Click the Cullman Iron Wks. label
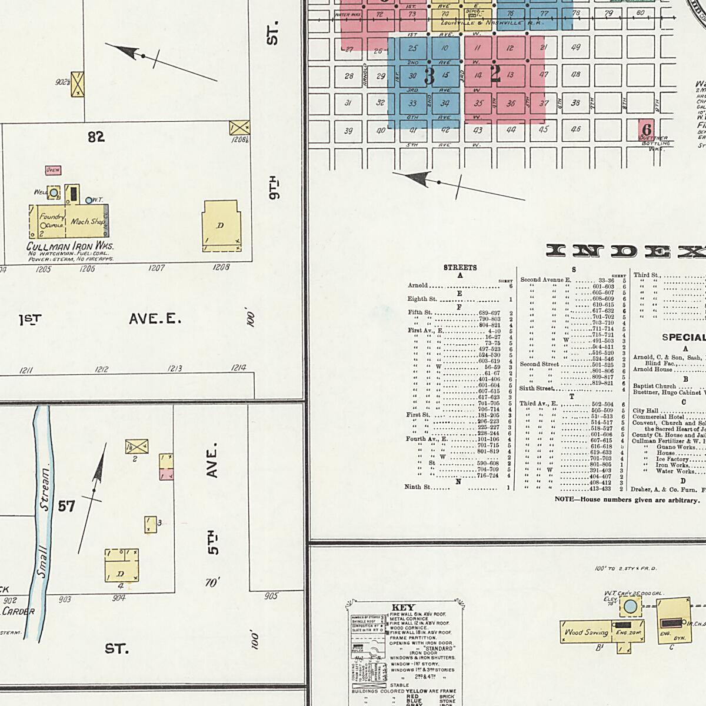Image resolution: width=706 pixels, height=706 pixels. point(69,247)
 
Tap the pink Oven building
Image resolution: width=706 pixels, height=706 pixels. point(53,170)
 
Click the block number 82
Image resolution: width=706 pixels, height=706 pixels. point(96,137)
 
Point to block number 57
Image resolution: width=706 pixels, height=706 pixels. point(66,505)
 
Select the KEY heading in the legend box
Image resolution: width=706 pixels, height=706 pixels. point(403,607)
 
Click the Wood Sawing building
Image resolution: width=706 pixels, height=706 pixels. point(587,632)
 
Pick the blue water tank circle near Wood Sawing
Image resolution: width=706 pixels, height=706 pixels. point(630,606)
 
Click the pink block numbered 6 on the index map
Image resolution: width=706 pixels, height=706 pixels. point(647,129)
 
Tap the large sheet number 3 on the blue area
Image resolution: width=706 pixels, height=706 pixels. point(429,76)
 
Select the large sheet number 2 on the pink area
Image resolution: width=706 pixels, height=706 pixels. point(495,74)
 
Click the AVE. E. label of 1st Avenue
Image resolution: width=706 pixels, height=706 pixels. point(155,319)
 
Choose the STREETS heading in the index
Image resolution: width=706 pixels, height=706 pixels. point(460,268)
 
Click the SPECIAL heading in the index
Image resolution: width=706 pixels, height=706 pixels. point(683,338)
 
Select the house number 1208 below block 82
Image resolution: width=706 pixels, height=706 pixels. point(221,267)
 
